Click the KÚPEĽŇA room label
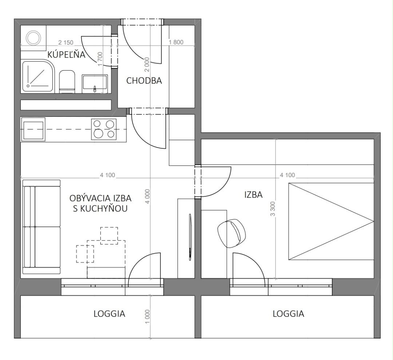point(67,54)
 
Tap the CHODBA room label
point(144,81)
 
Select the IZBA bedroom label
point(253,195)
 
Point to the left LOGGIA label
point(109,314)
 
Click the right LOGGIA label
point(289,314)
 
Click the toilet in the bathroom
point(67,81)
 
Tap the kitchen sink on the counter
point(33,129)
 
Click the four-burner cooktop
point(104,129)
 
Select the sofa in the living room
point(41,227)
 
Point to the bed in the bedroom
point(331,221)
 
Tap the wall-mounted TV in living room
point(190,237)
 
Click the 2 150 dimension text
point(65,43)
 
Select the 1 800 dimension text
point(176,42)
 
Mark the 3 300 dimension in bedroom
point(273,209)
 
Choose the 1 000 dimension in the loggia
point(147,316)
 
